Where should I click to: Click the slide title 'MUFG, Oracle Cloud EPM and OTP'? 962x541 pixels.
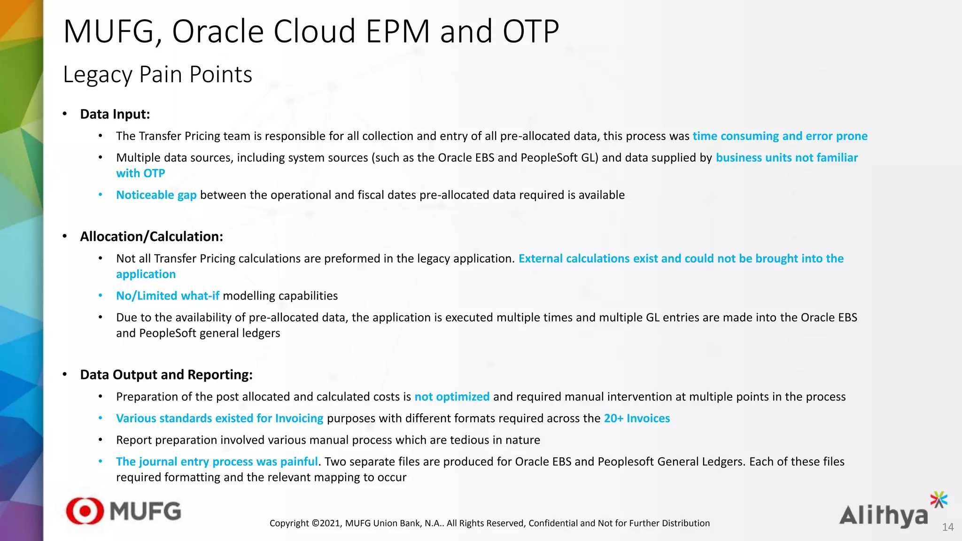(x=311, y=31)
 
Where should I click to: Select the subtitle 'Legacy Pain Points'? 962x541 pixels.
(x=157, y=75)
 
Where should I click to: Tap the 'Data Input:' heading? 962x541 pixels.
(x=115, y=114)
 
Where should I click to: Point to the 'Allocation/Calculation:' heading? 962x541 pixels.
(x=151, y=236)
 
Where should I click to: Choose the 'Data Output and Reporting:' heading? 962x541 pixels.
(x=166, y=375)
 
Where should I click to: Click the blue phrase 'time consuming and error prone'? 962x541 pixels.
(x=780, y=136)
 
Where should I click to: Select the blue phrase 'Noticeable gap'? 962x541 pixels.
(x=156, y=195)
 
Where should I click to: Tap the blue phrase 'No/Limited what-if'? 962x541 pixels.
(x=168, y=296)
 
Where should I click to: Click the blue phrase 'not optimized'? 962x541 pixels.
(x=452, y=397)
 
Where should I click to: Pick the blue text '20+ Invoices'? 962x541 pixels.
(x=636, y=418)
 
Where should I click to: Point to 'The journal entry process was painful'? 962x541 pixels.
(x=217, y=462)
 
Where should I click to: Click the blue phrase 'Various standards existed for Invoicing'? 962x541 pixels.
(x=219, y=418)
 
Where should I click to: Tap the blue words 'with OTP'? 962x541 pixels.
(x=140, y=173)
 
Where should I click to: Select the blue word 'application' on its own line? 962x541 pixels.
(x=146, y=274)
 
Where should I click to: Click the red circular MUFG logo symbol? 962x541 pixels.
(x=85, y=511)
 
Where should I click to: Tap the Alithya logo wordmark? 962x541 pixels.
(x=883, y=516)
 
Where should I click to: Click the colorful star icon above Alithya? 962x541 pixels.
(x=939, y=500)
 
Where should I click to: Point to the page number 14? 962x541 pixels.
(x=947, y=527)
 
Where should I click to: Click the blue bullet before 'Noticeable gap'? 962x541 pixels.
(x=101, y=195)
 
